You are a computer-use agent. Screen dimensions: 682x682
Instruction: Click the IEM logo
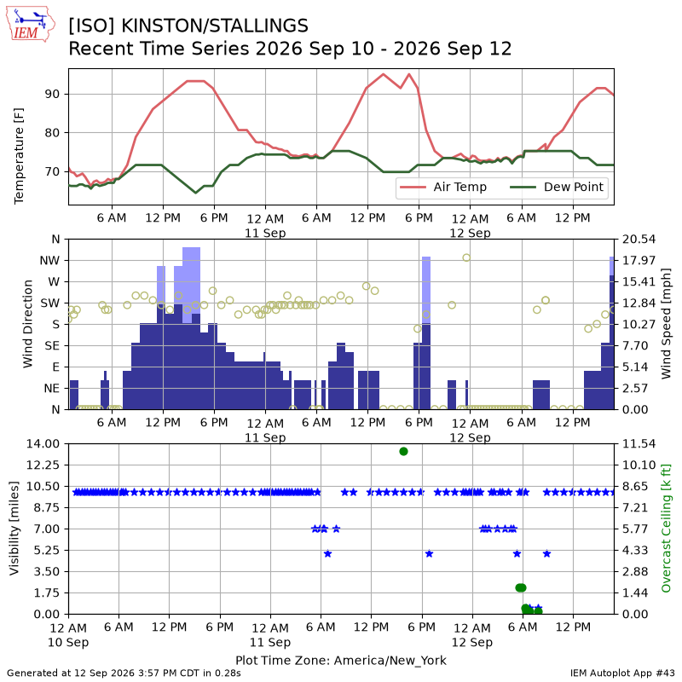[31, 24]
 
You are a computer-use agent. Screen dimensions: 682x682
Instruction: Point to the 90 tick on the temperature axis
[52, 94]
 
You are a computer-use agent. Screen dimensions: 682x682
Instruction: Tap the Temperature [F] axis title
[19, 156]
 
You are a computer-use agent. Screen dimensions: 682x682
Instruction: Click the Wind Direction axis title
[28, 324]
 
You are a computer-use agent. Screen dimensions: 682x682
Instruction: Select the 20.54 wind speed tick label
[639, 240]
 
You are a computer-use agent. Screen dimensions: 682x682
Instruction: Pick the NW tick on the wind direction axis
[49, 261]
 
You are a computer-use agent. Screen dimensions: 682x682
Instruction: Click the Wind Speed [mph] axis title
[666, 324]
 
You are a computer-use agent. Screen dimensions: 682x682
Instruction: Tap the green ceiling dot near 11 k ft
[403, 452]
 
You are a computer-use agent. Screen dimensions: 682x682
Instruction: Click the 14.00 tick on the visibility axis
[43, 444]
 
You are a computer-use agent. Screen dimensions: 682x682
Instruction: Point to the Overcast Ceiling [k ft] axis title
[666, 529]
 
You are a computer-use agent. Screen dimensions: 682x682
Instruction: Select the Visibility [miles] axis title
[14, 529]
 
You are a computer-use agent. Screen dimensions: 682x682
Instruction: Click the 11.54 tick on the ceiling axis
[639, 444]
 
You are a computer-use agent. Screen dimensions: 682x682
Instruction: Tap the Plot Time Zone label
[341, 660]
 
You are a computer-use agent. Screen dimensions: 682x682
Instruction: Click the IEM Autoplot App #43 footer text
[622, 673]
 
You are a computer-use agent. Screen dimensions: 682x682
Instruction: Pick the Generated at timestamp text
[124, 673]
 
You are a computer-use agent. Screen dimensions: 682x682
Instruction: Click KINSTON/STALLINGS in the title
[215, 26]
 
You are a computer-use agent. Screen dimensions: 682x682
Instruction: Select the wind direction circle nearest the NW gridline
[466, 257]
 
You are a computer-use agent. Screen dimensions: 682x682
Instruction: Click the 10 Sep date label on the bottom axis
[68, 643]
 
